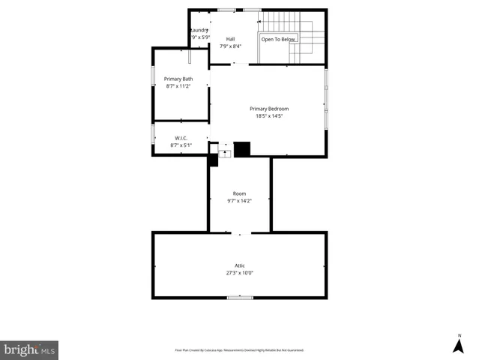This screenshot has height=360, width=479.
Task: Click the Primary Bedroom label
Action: [x=268, y=109]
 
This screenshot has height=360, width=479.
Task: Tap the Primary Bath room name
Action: [x=178, y=79]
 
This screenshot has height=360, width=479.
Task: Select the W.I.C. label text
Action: [x=181, y=138]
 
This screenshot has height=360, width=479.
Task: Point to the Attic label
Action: [x=240, y=265]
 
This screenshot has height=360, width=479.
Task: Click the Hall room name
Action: [x=230, y=39]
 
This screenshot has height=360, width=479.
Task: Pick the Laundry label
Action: [x=199, y=30]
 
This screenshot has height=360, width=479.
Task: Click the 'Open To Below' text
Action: [x=278, y=39]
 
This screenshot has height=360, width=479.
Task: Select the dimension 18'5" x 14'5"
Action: [x=268, y=116]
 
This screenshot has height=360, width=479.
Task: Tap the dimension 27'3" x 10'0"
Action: [x=240, y=273]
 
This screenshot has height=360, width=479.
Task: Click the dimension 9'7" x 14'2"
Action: [x=240, y=200]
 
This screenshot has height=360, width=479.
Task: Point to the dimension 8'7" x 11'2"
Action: [x=178, y=86]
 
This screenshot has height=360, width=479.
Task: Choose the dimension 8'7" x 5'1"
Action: [x=181, y=145]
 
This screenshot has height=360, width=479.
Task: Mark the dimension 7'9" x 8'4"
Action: [x=230, y=46]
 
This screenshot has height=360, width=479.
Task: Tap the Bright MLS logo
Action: [x=29, y=349]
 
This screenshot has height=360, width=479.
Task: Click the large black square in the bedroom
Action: [x=241, y=149]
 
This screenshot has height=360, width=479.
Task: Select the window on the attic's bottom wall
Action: [x=240, y=298]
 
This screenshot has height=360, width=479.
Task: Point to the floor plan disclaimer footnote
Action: [x=239, y=350]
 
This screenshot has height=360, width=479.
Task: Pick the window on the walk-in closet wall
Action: [x=153, y=133]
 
